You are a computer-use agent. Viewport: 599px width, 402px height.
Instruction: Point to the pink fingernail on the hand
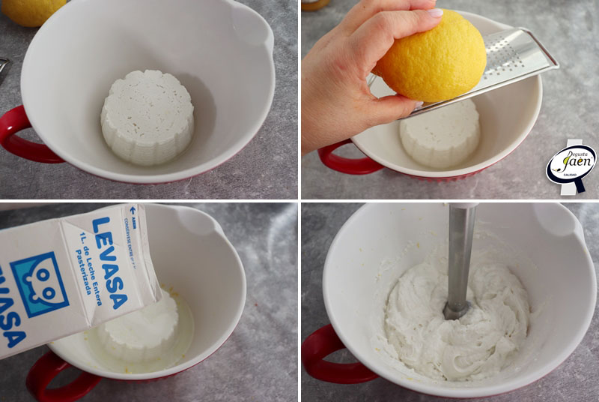pos(435,13)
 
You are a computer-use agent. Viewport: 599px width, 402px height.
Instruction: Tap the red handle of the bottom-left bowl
pos(56,379)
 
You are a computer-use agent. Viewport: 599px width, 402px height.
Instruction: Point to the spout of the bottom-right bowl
pos(562,221)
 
